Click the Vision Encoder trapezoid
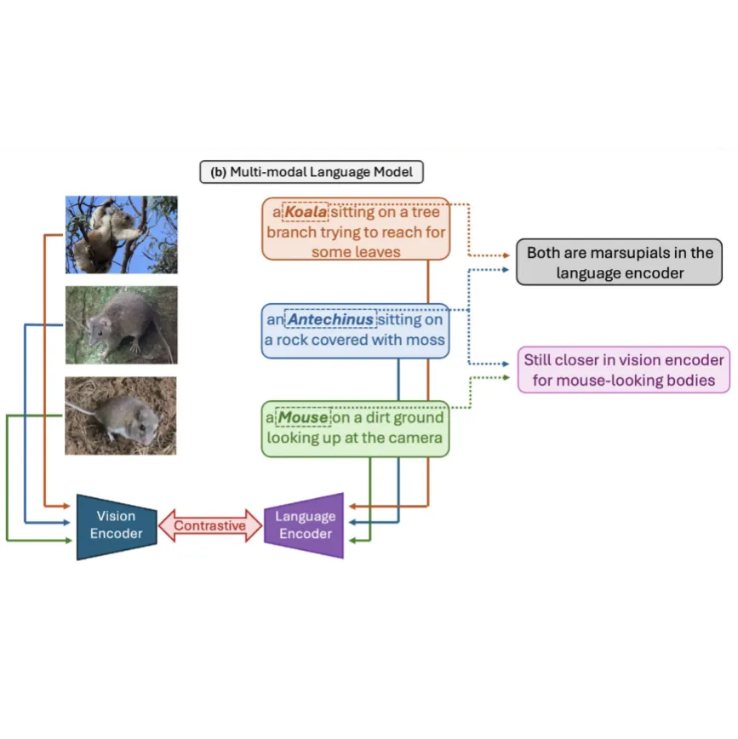(117, 525)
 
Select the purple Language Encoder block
(305, 525)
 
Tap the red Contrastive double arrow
(210, 525)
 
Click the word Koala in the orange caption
(305, 212)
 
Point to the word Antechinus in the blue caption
(330, 320)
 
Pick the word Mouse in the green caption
(304, 418)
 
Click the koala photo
(121, 234)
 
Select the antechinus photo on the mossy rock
(121, 325)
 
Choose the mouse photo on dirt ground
(121, 415)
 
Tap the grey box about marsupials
(620, 262)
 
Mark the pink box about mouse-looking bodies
(623, 369)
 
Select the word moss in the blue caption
(427, 340)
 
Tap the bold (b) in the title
(218, 172)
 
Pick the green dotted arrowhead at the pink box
(510, 376)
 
